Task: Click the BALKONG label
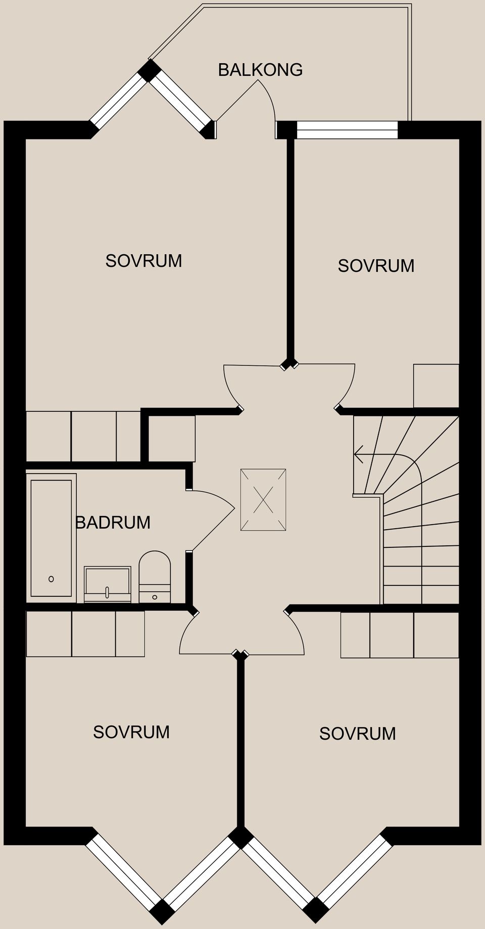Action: [x=260, y=70]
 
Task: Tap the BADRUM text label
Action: [x=113, y=522]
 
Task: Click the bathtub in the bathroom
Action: [x=51, y=538]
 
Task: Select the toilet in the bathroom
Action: [x=155, y=576]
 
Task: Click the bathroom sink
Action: [x=107, y=584]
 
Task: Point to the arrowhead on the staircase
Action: [x=359, y=454]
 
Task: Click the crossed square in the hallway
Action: [x=263, y=500]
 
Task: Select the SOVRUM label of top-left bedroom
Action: [x=143, y=261]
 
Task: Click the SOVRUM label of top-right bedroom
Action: [x=376, y=266]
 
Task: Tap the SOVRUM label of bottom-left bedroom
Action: [x=131, y=732]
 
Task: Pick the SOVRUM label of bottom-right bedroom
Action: [x=357, y=733]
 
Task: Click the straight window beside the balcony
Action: [x=347, y=130]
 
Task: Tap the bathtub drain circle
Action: [x=51, y=579]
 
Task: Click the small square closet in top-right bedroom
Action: [x=436, y=386]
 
